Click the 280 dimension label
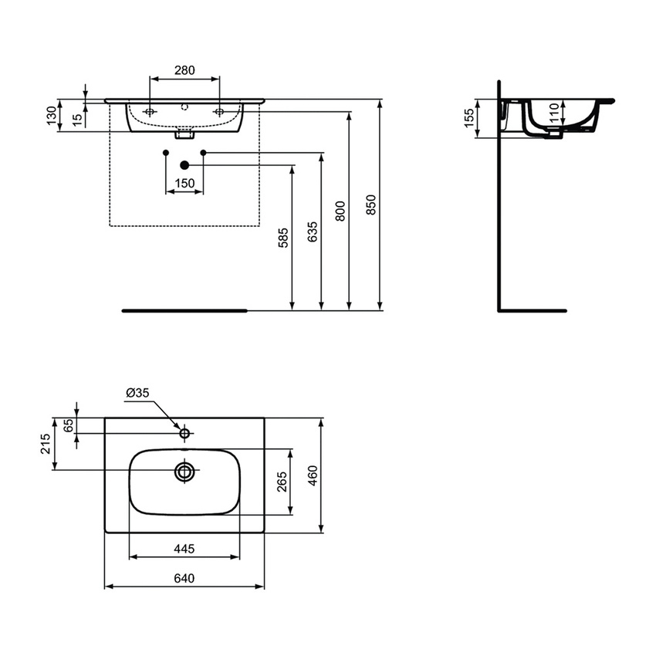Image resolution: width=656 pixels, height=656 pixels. tap(184, 70)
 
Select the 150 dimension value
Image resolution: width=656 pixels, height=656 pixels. tap(184, 183)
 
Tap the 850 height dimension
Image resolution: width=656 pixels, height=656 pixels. tap(371, 205)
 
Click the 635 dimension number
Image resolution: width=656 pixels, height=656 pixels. tap(312, 232)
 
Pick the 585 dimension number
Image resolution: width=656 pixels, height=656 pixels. tap(283, 238)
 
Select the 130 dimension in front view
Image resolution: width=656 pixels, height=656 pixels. tap(52, 116)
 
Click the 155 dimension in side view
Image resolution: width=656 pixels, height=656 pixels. tap(470, 119)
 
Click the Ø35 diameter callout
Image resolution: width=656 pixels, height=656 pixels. tap(137, 394)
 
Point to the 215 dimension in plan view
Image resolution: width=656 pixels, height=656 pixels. tap(45, 443)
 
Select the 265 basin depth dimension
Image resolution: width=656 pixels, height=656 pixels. tap(282, 482)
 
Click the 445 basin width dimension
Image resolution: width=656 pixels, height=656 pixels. tap(184, 549)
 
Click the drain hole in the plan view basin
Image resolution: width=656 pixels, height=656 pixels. tap(184, 472)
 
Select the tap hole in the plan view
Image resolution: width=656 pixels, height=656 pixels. tap(184, 434)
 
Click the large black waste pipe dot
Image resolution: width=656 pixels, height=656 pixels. tap(184, 164)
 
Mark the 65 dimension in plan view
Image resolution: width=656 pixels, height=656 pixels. tap(68, 425)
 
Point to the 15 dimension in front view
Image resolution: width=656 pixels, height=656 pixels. tap(76, 119)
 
